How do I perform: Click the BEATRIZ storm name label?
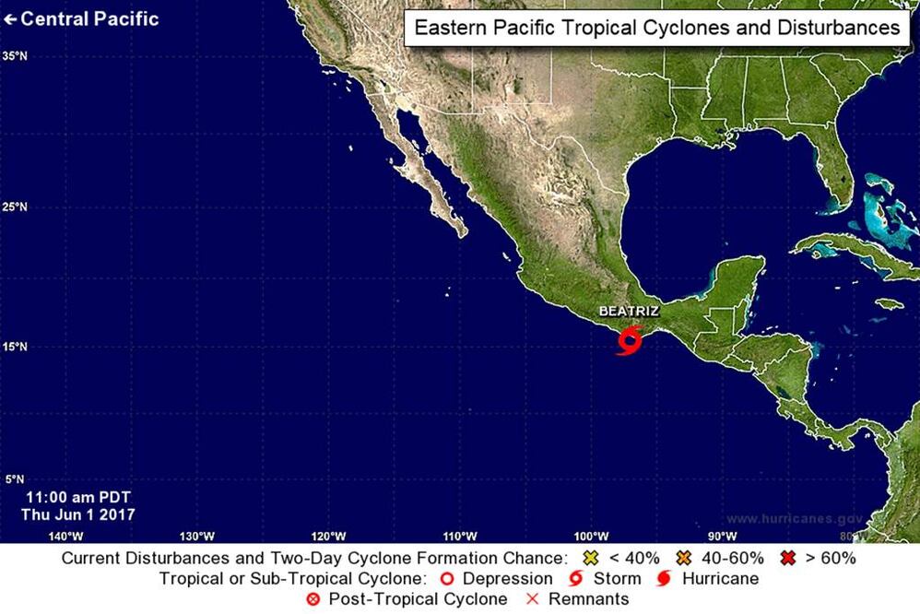pos(629,312)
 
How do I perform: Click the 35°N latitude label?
pos(14,55)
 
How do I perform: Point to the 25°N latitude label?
pos(14,207)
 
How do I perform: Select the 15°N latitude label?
pos(14,347)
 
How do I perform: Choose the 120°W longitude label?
pos(328,536)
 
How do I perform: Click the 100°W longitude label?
pos(590,536)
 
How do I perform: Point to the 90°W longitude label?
pos(721,536)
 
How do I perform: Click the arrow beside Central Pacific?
pos(10,18)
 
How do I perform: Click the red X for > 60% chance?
pos(788,558)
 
